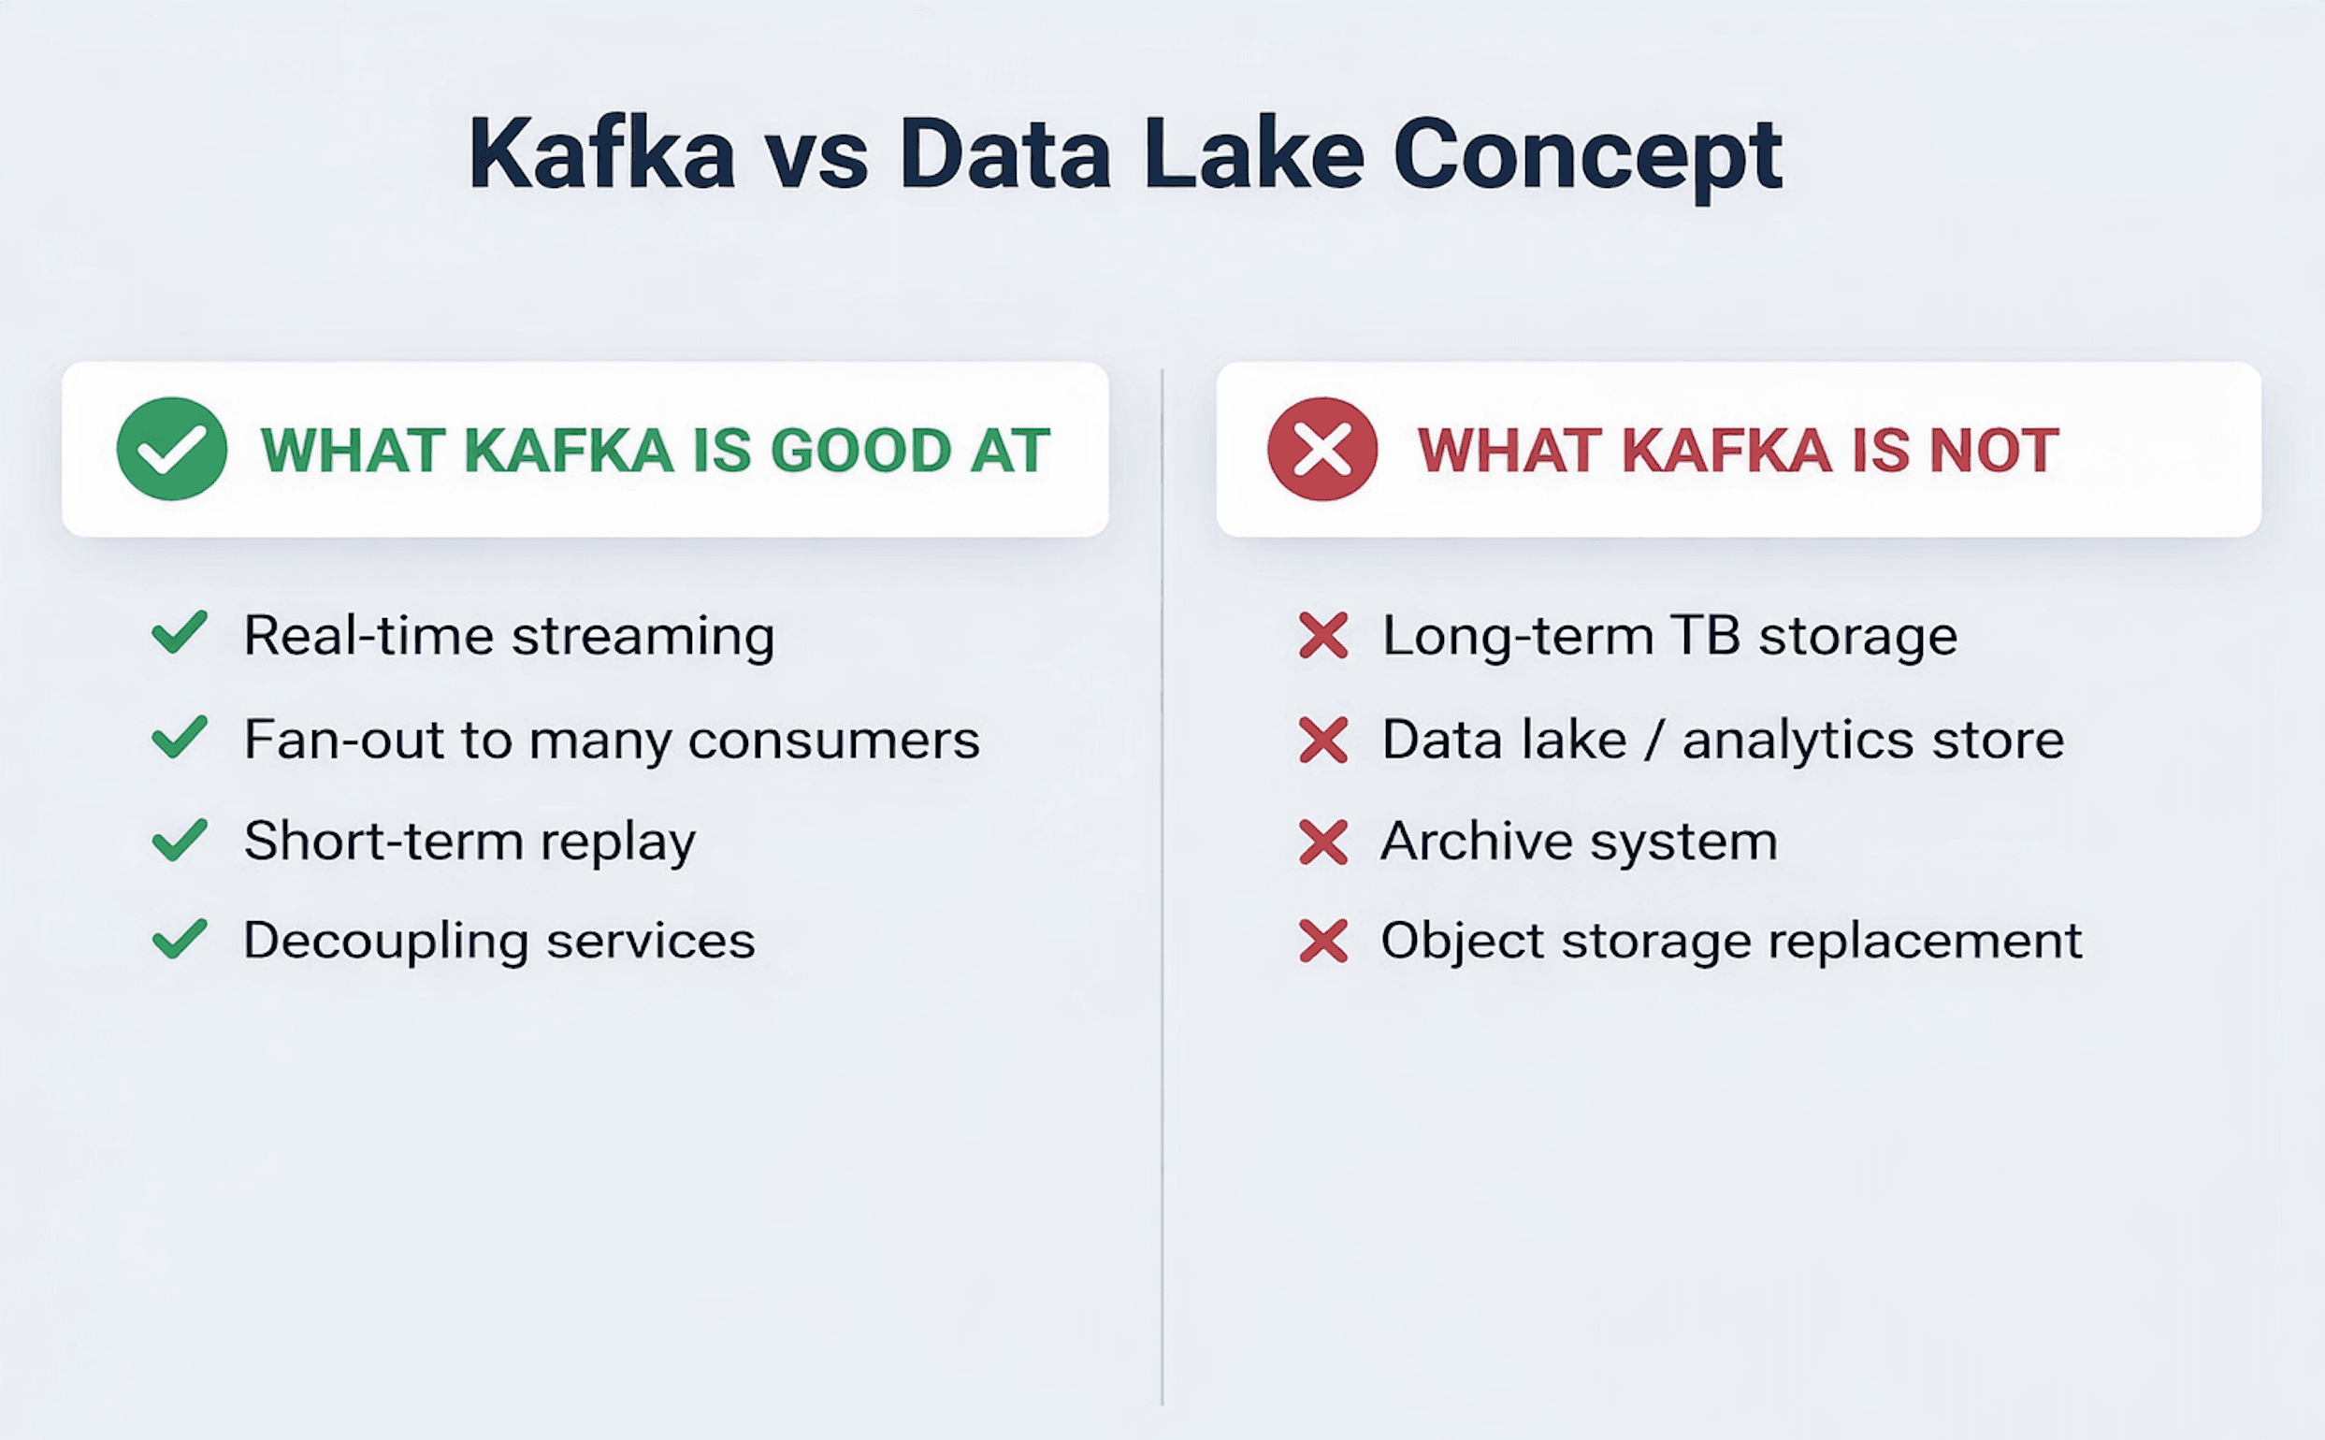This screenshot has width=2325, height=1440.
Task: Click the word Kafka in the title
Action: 602,154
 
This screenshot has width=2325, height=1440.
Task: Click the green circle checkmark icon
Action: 171,449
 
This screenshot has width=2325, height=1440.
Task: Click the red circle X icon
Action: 1322,449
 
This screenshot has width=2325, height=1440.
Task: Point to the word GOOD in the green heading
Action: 860,450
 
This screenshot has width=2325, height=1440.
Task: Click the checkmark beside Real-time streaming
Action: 179,633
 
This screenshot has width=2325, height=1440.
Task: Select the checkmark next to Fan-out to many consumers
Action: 179,737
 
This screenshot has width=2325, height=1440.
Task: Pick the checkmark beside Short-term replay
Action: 179,840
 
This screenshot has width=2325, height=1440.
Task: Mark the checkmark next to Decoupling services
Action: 179,939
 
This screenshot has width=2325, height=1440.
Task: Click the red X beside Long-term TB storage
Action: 1323,635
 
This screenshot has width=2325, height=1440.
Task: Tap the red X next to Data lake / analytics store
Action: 1323,740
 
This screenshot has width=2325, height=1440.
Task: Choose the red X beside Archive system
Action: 1323,842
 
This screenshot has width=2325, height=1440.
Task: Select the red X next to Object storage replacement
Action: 1323,941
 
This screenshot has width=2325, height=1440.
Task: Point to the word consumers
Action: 833,740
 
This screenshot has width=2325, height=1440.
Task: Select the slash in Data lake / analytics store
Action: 1654,740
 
